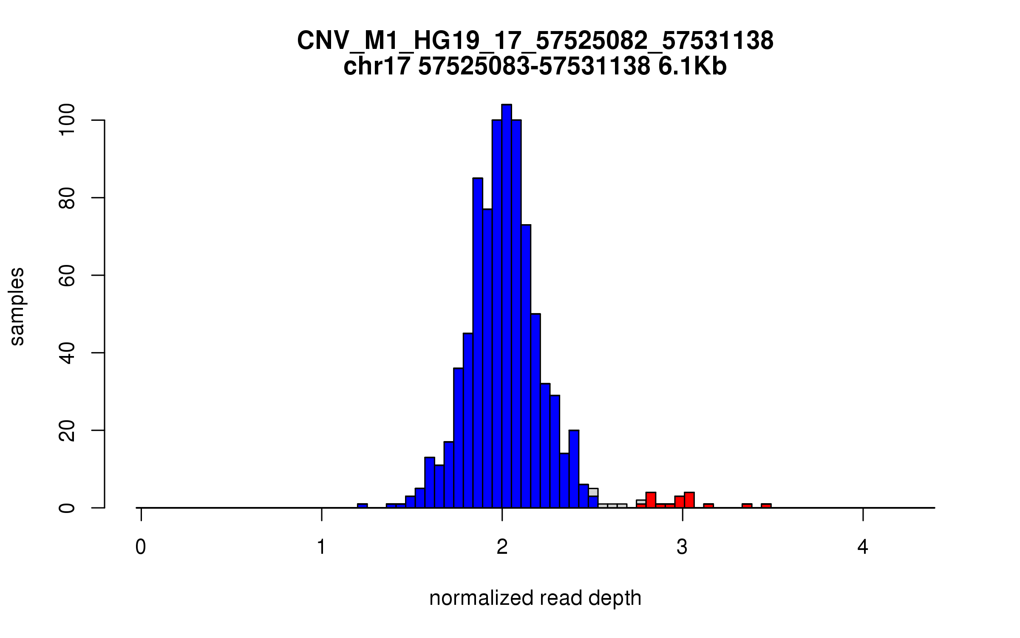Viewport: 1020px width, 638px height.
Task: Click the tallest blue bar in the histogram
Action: [506, 306]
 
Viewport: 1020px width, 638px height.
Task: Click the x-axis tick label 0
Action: [141, 547]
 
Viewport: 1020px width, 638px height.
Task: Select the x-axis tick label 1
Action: [321, 547]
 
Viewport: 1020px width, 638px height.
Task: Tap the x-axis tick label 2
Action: [502, 547]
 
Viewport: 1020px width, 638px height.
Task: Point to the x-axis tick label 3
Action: [682, 547]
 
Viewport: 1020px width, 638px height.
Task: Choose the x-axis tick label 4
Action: [863, 547]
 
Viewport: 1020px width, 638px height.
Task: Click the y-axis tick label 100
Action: [67, 120]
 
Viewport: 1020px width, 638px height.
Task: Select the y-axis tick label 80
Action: [67, 198]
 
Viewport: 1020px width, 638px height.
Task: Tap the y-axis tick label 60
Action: [67, 275]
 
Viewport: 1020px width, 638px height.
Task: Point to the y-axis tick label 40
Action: [67, 353]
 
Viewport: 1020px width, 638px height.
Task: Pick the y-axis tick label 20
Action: [67, 430]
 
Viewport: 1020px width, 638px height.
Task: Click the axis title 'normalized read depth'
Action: [535, 598]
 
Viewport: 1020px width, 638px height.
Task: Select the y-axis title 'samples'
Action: [17, 306]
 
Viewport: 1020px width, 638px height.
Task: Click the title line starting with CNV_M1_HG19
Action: [535, 41]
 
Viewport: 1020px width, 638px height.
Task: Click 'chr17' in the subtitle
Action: [377, 66]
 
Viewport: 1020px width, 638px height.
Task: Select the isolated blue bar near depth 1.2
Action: [362, 506]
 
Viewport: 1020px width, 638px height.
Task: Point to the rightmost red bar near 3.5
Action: [766, 506]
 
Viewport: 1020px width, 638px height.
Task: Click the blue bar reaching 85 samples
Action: [478, 340]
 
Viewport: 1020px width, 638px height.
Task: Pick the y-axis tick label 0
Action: [67, 507]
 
